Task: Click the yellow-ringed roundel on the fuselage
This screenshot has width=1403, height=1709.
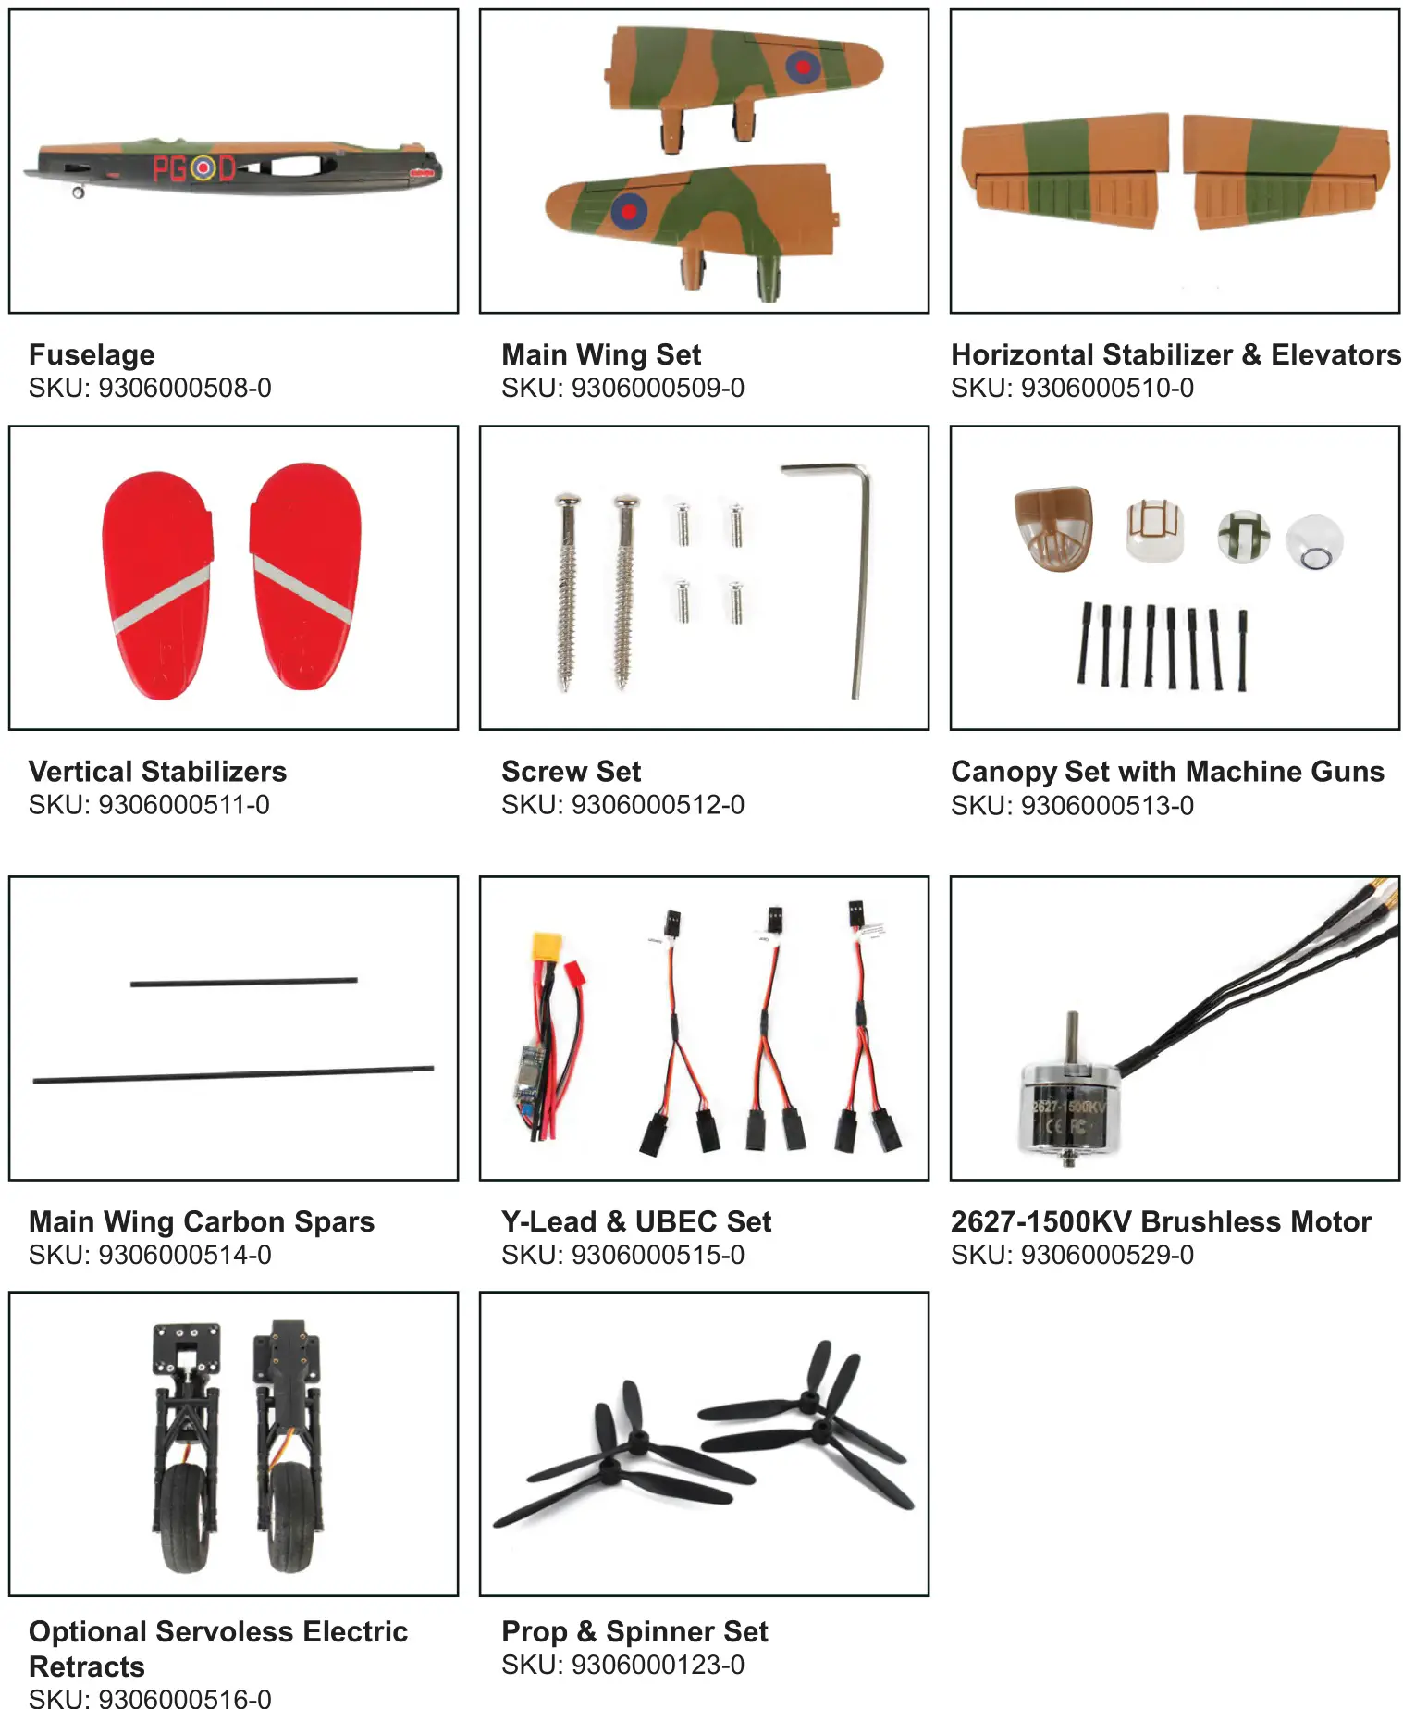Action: (x=202, y=168)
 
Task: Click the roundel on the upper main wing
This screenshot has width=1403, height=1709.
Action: (x=802, y=66)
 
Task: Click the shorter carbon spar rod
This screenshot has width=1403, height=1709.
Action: (x=243, y=982)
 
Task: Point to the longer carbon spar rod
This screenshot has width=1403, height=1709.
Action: (x=233, y=1074)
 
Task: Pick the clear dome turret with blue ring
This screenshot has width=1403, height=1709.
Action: (x=1313, y=543)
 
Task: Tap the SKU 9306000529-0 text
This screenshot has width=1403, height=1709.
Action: (x=1072, y=1255)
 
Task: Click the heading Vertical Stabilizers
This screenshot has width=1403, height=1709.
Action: (x=157, y=771)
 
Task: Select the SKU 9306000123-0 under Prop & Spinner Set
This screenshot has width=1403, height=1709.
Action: (x=622, y=1665)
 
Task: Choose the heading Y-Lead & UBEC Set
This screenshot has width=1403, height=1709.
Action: (x=635, y=1221)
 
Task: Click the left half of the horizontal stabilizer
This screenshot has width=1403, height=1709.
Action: (x=1064, y=171)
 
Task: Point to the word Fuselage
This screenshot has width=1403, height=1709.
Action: (x=92, y=354)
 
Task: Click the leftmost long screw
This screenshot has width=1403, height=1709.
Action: (x=566, y=592)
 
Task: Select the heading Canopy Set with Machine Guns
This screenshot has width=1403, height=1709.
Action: (x=1166, y=771)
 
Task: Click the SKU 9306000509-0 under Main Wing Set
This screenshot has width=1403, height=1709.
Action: (x=622, y=388)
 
